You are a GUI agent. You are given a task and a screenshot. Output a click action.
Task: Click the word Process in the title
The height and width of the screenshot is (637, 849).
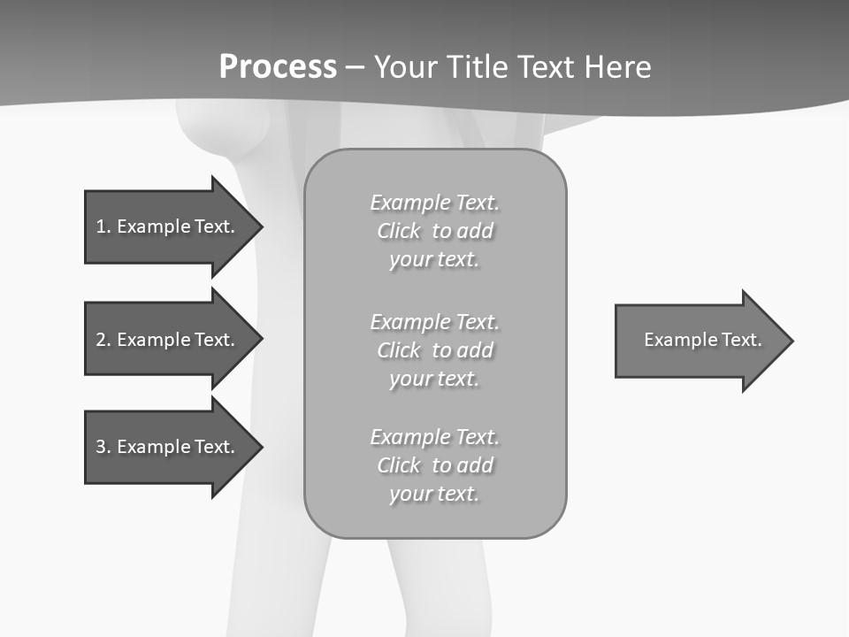[x=278, y=67]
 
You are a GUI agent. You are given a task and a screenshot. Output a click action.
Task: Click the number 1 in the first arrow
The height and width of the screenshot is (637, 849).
[x=101, y=226]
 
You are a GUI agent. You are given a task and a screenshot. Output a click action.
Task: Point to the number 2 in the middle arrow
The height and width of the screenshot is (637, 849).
[x=101, y=340]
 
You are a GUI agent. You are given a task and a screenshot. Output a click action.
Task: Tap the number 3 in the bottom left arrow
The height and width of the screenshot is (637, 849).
[x=101, y=447]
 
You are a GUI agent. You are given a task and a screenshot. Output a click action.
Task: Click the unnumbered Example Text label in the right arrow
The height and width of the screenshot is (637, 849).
[x=702, y=340]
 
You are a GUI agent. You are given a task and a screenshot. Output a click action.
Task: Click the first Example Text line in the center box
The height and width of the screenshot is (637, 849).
[x=434, y=203]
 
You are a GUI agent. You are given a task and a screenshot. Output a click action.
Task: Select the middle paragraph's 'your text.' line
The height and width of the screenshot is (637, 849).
[x=434, y=379]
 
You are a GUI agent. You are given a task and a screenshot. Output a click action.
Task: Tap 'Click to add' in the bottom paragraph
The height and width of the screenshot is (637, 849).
[x=434, y=465]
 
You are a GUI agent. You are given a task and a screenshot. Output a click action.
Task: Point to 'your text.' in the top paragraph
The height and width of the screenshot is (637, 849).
[x=434, y=259]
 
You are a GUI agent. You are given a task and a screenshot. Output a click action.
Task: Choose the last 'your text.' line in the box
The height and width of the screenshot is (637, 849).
[x=434, y=494]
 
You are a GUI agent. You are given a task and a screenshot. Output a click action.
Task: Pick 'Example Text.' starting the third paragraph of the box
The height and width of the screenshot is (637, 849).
[x=434, y=437]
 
